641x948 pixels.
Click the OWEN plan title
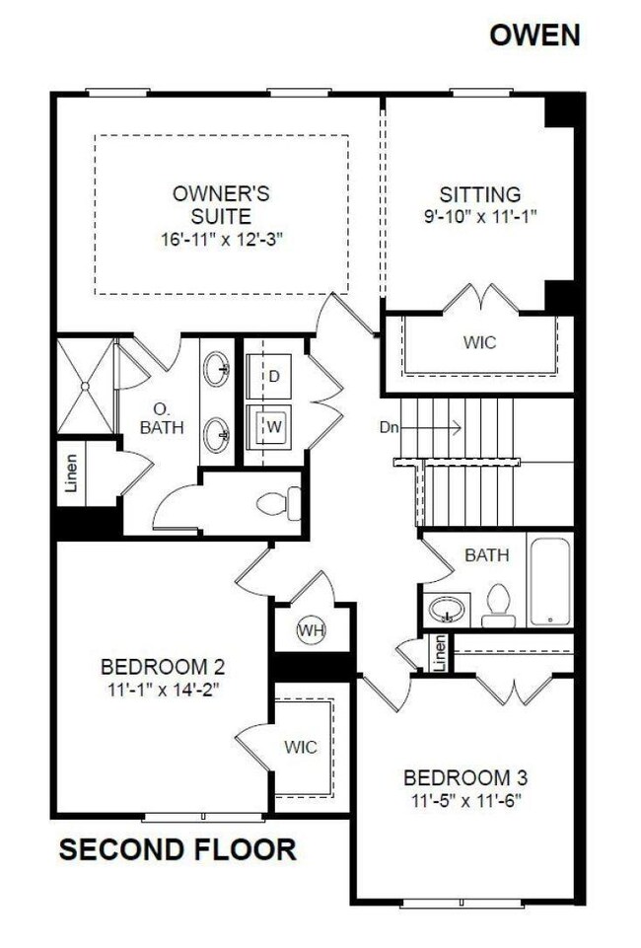click(536, 36)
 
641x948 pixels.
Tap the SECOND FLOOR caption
click(177, 849)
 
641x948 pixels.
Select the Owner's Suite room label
click(220, 203)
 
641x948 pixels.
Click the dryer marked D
click(273, 377)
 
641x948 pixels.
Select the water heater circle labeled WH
click(312, 629)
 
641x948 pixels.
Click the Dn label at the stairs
click(388, 428)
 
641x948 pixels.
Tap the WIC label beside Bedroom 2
click(302, 747)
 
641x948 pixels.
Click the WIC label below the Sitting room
click(479, 342)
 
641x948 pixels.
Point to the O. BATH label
click(164, 419)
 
